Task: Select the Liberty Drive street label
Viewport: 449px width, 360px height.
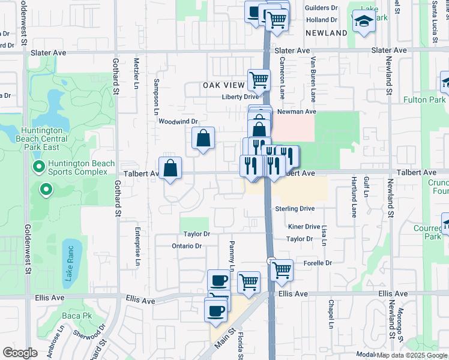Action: [x=240, y=97]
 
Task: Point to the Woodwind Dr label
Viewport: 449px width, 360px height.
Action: [x=178, y=121]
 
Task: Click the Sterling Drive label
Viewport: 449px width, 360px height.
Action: [x=295, y=209]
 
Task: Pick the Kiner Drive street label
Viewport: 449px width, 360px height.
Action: [x=304, y=227]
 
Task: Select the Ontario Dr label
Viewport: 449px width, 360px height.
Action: [x=186, y=246]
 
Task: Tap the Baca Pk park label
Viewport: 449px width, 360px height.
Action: [x=79, y=315]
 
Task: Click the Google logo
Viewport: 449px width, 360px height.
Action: [x=20, y=353]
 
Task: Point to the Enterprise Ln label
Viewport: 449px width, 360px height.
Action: [x=137, y=246]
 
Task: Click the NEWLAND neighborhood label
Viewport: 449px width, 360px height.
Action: [x=326, y=33]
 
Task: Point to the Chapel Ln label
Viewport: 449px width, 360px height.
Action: [x=331, y=314]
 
